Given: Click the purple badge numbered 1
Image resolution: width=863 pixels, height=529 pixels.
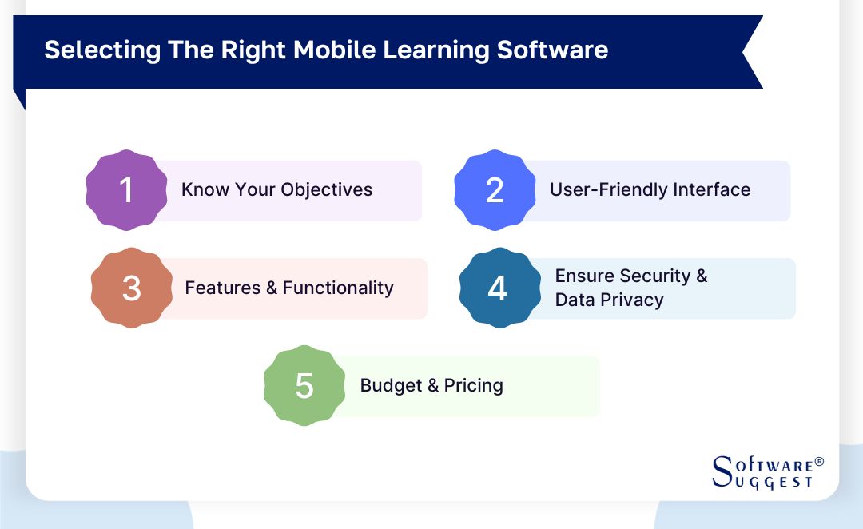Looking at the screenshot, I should pos(126,190).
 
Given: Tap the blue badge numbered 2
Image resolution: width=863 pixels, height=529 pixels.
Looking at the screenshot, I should pos(495,190).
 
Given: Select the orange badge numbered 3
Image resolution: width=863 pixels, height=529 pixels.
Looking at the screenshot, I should pos(132,288).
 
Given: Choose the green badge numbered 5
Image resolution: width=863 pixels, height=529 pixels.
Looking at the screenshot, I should pos(304,385).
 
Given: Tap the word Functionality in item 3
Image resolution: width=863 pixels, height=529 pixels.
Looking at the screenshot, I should pos(338,288).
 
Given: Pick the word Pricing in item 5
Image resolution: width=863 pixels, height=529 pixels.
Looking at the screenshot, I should pos(473,385).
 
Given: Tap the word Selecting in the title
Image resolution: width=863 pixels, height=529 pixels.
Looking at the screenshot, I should pos(101,50).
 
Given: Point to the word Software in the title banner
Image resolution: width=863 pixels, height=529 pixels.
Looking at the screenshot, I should pos(552,50).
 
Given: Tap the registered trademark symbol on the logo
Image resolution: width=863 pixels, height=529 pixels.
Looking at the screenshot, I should pos(819,463).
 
